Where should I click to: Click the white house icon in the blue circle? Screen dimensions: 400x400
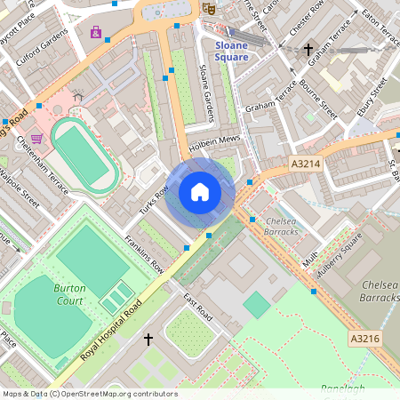(200, 192)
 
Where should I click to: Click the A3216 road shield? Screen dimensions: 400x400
(364, 339)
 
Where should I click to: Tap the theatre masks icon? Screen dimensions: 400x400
(210, 7)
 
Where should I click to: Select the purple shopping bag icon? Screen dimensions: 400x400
(95, 32)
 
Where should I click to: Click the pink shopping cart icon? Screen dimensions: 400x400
(36, 139)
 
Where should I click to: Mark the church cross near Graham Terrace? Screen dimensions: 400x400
(308, 50)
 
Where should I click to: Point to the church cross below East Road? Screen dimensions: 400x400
(148, 339)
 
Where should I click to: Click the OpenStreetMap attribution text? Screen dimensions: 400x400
(89, 394)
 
